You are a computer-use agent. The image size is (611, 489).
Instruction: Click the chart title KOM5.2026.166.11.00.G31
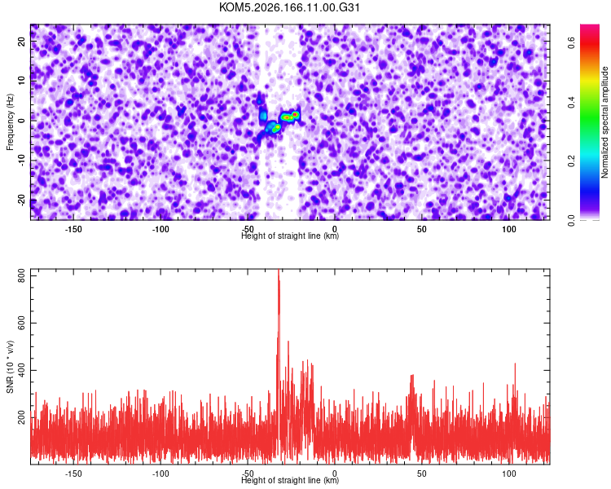[289, 7]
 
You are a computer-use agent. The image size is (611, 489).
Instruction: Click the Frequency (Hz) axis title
[10, 122]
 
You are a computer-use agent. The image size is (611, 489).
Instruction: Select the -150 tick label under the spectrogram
[73, 229]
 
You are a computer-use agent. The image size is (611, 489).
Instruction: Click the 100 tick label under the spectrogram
[509, 229]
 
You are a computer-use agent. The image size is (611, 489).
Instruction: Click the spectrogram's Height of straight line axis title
[290, 236]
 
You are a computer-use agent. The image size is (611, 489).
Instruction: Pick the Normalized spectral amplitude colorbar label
[604, 122]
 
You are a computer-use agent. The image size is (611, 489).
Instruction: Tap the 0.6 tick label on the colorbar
[572, 42]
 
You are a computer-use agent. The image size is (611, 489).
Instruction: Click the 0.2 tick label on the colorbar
[572, 161]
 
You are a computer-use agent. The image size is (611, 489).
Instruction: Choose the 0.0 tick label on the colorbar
[572, 220]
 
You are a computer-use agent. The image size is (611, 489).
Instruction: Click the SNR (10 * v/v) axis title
[10, 367]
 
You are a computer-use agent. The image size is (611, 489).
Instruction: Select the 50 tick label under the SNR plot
[422, 474]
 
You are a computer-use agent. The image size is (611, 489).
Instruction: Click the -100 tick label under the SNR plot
[160, 474]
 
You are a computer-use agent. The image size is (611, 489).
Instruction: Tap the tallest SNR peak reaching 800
[279, 270]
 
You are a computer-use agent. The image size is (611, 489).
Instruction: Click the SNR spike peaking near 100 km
[515, 363]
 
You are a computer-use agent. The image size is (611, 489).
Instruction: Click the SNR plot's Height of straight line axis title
[290, 480]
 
